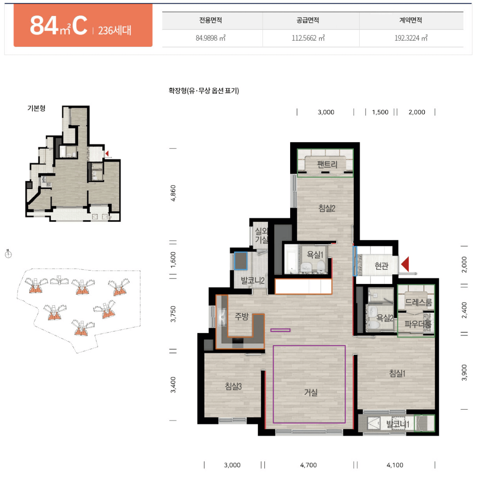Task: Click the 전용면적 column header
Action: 211,20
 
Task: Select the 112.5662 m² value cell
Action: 308,38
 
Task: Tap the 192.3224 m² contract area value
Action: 410,38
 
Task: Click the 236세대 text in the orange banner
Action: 115,30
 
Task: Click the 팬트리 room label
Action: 327,164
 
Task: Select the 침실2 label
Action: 327,208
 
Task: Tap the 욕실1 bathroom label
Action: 315,254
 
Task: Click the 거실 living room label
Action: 311,392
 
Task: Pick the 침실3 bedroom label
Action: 233,386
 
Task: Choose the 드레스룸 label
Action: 418,302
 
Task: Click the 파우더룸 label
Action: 418,324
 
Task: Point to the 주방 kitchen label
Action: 241,316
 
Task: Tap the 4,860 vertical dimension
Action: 173,193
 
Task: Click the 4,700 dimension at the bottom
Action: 308,465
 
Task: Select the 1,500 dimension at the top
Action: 380,112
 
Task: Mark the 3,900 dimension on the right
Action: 464,373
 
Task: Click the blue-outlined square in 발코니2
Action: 241,261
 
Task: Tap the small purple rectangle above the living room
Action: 280,330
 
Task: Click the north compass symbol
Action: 8,254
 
